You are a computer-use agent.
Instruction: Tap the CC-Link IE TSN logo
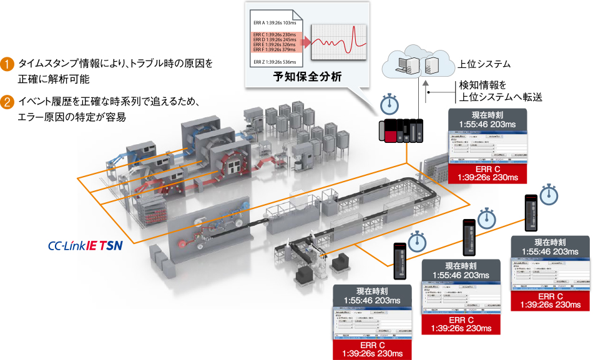click(x=85, y=245)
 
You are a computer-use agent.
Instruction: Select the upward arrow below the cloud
click(x=426, y=87)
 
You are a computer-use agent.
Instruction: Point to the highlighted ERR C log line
click(x=275, y=34)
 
